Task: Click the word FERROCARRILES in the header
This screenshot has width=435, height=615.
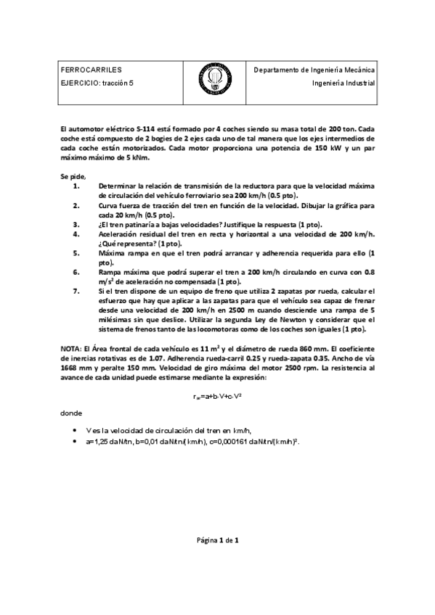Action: coord(86,70)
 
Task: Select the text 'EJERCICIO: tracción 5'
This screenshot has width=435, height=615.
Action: coord(98,83)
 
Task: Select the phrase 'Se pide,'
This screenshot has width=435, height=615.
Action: coord(73,176)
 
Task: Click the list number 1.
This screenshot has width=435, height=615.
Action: coord(77,186)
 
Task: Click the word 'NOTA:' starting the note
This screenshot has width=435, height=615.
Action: coord(71,349)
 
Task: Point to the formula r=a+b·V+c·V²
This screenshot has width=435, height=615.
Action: coord(216,395)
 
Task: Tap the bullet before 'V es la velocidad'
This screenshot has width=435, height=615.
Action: coord(77,430)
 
